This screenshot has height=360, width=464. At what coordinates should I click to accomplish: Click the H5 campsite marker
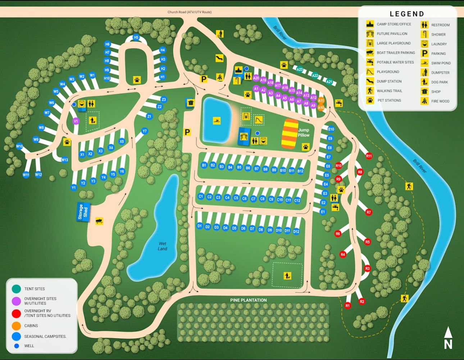[x=136, y=37]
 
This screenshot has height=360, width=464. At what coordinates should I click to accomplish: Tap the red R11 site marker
[x=369, y=156]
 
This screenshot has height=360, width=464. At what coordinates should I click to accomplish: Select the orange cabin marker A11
[x=321, y=101]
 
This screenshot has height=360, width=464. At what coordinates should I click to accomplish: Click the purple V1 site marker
[x=76, y=121]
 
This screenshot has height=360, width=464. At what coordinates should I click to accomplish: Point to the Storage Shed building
[x=83, y=212]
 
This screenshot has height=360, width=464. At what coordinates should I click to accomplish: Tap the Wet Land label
[x=162, y=246]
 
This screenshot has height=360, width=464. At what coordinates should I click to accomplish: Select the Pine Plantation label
[x=249, y=300]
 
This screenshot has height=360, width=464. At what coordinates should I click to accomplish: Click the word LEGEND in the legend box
[x=407, y=14]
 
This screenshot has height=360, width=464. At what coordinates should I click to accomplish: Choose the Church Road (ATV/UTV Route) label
[x=190, y=12]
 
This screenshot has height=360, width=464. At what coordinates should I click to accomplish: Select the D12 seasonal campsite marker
[x=296, y=231]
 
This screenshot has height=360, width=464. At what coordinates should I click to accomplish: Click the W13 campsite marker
[x=64, y=160]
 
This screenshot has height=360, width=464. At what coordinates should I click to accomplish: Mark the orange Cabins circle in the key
[x=16, y=326]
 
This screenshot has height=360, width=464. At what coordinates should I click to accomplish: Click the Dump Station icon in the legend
[x=370, y=81]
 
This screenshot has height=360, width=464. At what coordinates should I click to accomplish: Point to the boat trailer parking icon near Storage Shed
[x=99, y=221]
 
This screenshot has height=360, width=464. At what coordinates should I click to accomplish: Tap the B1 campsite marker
[x=204, y=165]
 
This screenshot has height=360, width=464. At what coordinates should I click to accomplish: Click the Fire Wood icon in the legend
[x=424, y=101]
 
